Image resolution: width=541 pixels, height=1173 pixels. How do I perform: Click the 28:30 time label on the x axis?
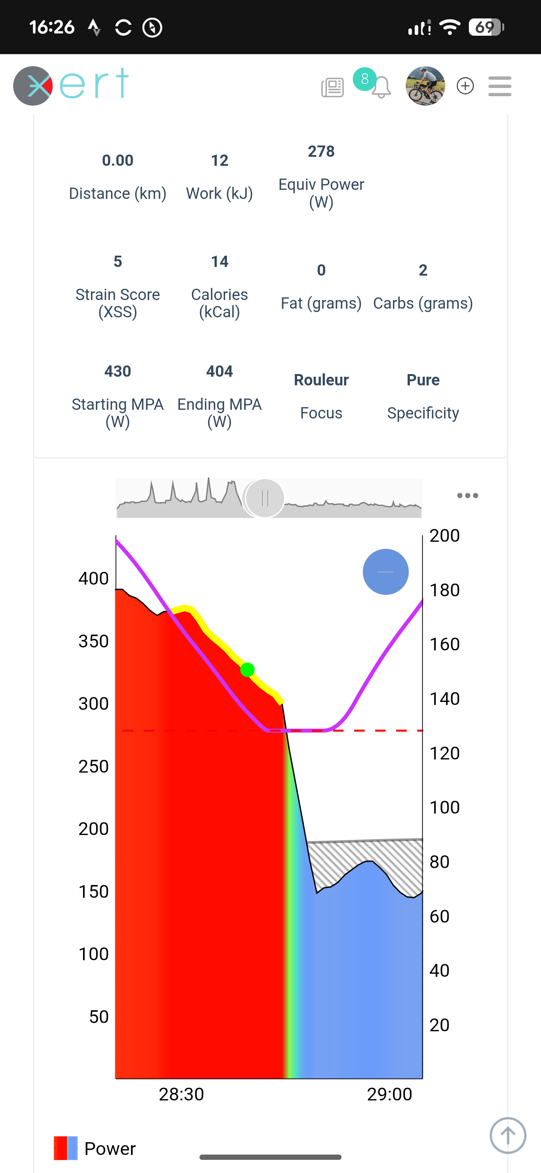[x=181, y=1094]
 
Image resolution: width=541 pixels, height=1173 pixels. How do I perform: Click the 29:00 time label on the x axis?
[x=390, y=1094]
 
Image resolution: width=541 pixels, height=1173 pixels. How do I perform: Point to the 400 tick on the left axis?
[x=94, y=578]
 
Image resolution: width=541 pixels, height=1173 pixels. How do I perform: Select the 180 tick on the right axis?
[x=444, y=590]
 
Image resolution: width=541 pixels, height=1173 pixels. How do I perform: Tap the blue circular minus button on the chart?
[x=385, y=572]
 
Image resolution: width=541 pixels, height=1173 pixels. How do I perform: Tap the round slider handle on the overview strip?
[x=265, y=498]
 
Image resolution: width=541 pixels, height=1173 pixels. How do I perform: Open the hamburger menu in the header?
[x=500, y=86]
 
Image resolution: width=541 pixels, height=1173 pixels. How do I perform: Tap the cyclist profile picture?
[x=425, y=86]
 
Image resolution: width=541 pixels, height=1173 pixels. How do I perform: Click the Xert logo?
[x=71, y=86]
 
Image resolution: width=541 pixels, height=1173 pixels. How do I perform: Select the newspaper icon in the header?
[x=332, y=87]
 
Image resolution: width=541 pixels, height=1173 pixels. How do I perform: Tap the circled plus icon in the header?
[x=465, y=86]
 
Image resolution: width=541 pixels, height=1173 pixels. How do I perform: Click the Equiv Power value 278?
[x=321, y=151]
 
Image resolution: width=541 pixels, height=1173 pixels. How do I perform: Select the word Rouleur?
[x=321, y=380]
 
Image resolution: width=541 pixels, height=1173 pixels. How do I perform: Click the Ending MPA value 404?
[x=219, y=371]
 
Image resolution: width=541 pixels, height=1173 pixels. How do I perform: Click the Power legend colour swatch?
[x=65, y=1148]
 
